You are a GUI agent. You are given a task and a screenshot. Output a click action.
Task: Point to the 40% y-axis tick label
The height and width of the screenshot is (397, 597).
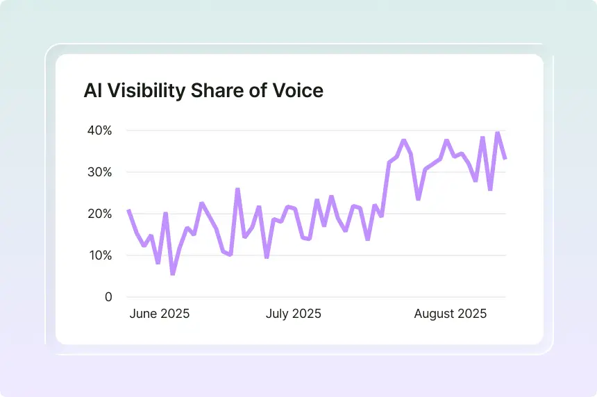(99, 130)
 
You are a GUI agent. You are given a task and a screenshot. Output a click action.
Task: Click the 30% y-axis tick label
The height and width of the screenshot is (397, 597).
(99, 172)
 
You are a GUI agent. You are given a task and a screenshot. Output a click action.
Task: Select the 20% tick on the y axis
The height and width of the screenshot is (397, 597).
(99, 214)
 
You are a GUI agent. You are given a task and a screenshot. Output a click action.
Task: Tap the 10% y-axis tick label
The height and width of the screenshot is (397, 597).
(99, 255)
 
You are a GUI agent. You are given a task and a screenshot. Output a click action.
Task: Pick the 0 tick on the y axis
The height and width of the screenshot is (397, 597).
(108, 297)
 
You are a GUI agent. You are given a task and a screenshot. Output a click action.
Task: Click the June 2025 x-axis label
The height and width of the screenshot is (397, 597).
(160, 314)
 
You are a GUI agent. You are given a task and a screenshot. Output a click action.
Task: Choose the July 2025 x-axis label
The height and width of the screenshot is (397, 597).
(294, 314)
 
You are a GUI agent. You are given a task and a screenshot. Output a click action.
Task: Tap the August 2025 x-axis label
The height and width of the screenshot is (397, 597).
(451, 314)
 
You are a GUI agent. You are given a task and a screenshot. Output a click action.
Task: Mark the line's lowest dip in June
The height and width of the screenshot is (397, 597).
(173, 274)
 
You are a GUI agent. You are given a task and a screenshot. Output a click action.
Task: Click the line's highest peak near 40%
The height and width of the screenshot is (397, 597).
(497, 132)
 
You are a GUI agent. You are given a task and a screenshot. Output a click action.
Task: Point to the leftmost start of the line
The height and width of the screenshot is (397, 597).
(128, 210)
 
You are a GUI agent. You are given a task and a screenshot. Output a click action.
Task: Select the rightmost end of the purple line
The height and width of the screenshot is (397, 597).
(505, 159)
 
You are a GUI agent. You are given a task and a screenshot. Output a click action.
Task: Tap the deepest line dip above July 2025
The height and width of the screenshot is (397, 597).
(267, 257)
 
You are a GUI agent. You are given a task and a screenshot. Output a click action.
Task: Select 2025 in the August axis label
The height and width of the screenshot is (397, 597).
(472, 314)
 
